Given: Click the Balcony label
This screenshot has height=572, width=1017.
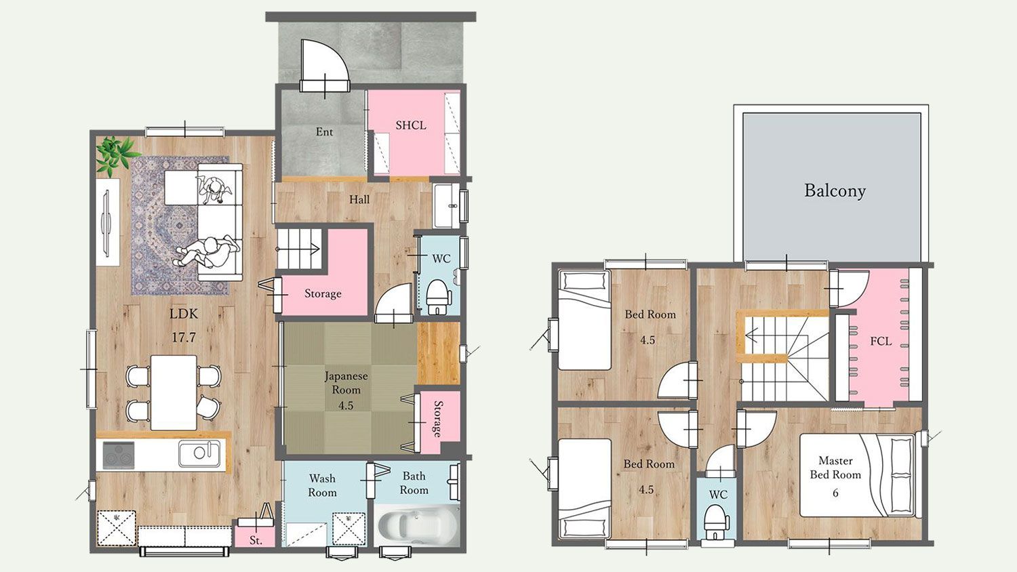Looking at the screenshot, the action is click(x=835, y=190).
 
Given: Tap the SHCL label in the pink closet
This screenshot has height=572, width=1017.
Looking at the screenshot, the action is click(x=411, y=125).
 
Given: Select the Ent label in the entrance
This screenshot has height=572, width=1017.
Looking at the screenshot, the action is click(x=324, y=132).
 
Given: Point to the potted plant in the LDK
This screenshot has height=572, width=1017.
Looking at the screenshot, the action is click(x=116, y=155).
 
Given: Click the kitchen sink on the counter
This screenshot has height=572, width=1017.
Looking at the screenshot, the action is click(x=199, y=453).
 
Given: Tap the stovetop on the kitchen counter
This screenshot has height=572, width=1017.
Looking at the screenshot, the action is click(x=119, y=455).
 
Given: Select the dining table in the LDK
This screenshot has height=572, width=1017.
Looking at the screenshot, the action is click(x=174, y=392).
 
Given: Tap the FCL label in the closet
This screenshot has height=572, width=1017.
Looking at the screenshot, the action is click(x=881, y=342).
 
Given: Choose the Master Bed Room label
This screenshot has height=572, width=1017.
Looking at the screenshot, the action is click(x=835, y=468).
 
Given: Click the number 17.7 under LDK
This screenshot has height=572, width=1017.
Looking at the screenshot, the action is click(x=184, y=338).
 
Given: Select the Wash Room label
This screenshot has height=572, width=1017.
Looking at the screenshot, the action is click(x=322, y=485).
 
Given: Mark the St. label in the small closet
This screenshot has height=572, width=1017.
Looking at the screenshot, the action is click(x=256, y=540).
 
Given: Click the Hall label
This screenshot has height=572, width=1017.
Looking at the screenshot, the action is click(x=359, y=200).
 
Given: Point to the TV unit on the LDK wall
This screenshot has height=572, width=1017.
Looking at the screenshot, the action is click(x=108, y=222).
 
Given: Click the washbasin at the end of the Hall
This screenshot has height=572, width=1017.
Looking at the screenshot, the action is click(x=446, y=205).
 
